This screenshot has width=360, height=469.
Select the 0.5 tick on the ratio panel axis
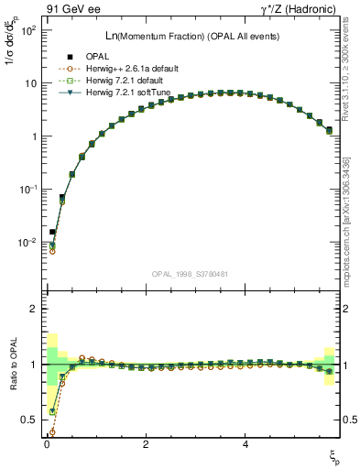(31, 420)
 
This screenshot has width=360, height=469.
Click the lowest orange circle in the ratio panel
(51, 432)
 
